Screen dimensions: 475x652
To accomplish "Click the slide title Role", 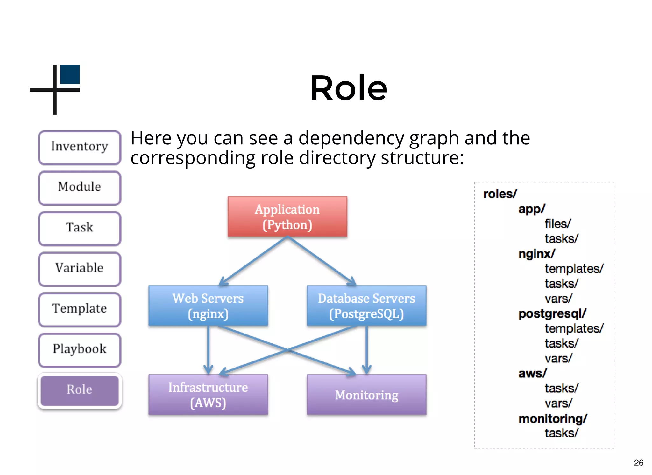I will click(349, 88).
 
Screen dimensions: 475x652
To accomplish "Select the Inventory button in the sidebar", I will click(80, 147).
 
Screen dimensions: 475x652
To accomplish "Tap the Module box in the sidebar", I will click(80, 187).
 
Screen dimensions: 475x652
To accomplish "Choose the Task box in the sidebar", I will click(80, 228).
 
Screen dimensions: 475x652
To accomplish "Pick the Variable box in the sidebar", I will click(80, 268).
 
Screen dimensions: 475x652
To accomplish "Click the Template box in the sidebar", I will click(80, 309).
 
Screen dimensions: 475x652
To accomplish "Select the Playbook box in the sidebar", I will click(80, 349).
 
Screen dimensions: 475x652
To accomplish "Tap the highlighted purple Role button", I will click(80, 390).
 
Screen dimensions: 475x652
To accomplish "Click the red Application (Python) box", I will click(287, 217).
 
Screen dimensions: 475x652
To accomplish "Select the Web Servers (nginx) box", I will click(208, 306).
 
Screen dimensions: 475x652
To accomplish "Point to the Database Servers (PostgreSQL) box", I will click(366, 306).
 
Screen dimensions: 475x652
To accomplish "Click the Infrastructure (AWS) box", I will click(208, 395).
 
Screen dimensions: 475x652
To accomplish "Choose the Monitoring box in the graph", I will click(366, 395).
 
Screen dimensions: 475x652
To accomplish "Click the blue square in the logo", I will click(70, 74).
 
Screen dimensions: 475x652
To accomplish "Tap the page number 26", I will click(638, 463).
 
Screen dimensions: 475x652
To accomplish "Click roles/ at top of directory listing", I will click(500, 194).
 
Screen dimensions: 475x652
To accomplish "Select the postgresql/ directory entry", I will click(552, 314).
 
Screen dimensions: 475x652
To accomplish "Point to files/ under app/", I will click(558, 224).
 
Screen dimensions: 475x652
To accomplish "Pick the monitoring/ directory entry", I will click(553, 419).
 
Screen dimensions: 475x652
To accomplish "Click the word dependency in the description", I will click(351, 139).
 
